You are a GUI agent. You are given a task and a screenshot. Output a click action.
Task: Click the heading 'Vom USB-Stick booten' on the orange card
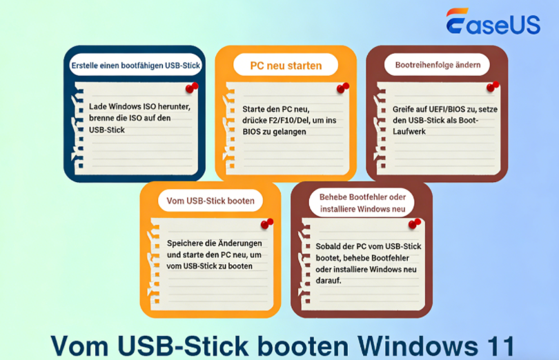pos(210,201)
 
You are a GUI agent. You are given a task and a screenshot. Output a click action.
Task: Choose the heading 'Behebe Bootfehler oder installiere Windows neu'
pos(362,203)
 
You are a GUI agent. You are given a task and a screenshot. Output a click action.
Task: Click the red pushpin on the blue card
pos(192,88)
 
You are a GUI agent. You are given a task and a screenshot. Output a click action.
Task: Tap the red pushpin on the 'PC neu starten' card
pos(342,88)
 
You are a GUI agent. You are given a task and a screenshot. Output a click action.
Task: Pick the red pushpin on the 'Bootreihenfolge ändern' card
pos(493,86)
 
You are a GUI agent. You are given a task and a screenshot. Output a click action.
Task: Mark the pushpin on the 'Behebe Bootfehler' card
pos(415,223)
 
